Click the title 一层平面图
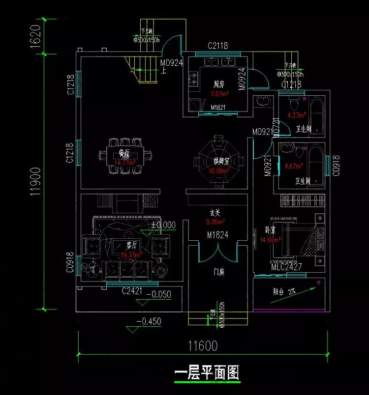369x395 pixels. [x=207, y=373]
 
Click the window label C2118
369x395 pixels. [x=217, y=46]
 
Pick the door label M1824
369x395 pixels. [x=217, y=235]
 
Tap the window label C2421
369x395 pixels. [x=132, y=291]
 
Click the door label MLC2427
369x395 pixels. [x=286, y=267]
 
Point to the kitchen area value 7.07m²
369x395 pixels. [x=219, y=94]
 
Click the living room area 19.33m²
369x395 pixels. [x=131, y=255]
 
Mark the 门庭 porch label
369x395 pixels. [x=219, y=271]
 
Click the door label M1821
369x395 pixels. [x=218, y=107]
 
